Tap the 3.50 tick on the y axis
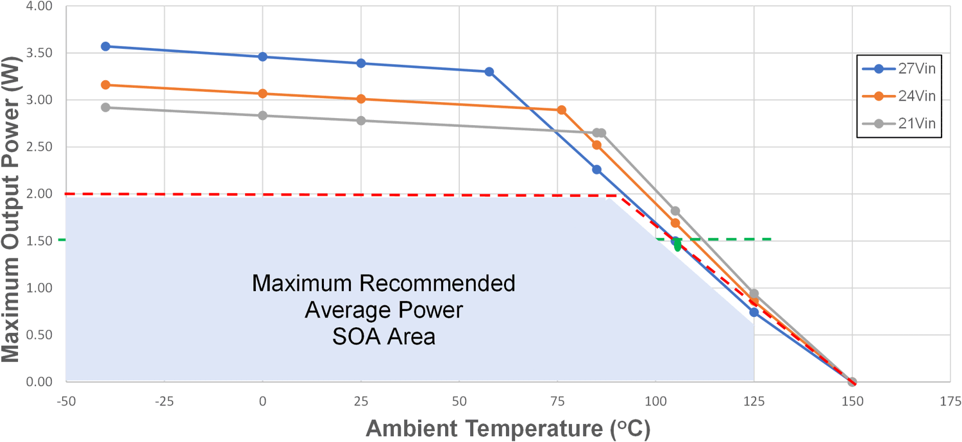(36, 53)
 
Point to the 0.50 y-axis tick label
(36, 335)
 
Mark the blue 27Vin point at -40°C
(106, 46)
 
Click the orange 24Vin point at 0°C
(262, 94)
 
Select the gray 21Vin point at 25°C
(361, 121)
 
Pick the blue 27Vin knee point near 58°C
(489, 72)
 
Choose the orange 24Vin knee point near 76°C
(562, 110)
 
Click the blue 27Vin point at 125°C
(754, 312)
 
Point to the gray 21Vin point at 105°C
(675, 211)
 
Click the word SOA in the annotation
(357, 337)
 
